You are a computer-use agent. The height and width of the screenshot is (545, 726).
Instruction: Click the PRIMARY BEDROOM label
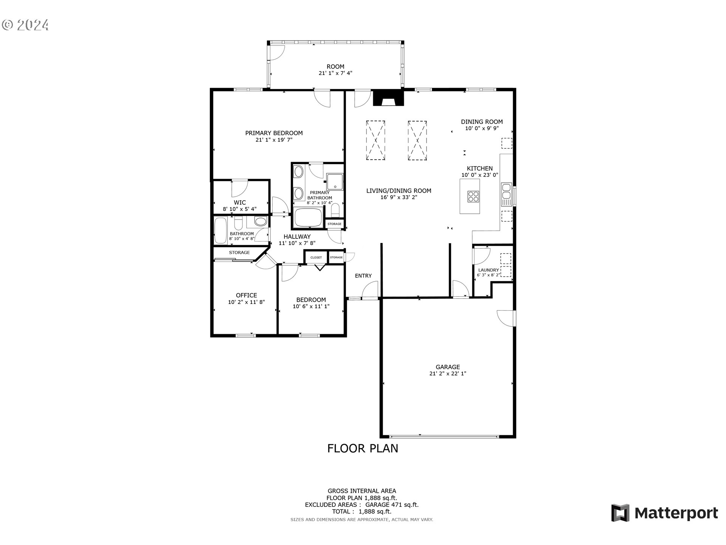click(x=274, y=133)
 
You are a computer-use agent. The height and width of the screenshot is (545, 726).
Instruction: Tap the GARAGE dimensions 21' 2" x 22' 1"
click(x=448, y=374)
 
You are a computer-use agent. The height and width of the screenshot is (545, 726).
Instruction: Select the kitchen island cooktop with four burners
click(x=473, y=196)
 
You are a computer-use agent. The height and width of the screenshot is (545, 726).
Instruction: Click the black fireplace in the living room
click(x=388, y=98)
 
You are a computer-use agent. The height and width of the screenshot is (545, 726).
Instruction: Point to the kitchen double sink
click(x=506, y=195)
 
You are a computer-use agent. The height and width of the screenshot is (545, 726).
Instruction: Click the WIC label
click(x=240, y=202)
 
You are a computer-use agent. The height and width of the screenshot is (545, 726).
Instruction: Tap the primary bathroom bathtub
click(x=308, y=218)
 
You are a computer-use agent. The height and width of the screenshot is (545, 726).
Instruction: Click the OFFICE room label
click(x=246, y=295)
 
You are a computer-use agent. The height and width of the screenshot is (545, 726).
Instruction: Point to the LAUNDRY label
click(x=488, y=270)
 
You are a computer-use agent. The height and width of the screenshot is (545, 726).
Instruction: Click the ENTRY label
click(x=363, y=276)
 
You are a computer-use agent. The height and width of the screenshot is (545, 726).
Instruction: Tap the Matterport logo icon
click(x=620, y=513)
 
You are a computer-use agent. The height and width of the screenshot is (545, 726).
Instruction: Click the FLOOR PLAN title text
click(x=362, y=448)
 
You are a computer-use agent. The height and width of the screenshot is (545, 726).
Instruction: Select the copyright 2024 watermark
click(x=26, y=25)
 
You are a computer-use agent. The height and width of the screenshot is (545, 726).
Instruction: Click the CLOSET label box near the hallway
click(x=316, y=257)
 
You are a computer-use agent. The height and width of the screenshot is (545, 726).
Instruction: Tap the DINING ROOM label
click(x=482, y=121)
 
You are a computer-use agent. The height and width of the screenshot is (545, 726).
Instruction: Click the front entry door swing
click(x=370, y=292)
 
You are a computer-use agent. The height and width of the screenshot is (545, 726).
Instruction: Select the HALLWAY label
click(x=297, y=237)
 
